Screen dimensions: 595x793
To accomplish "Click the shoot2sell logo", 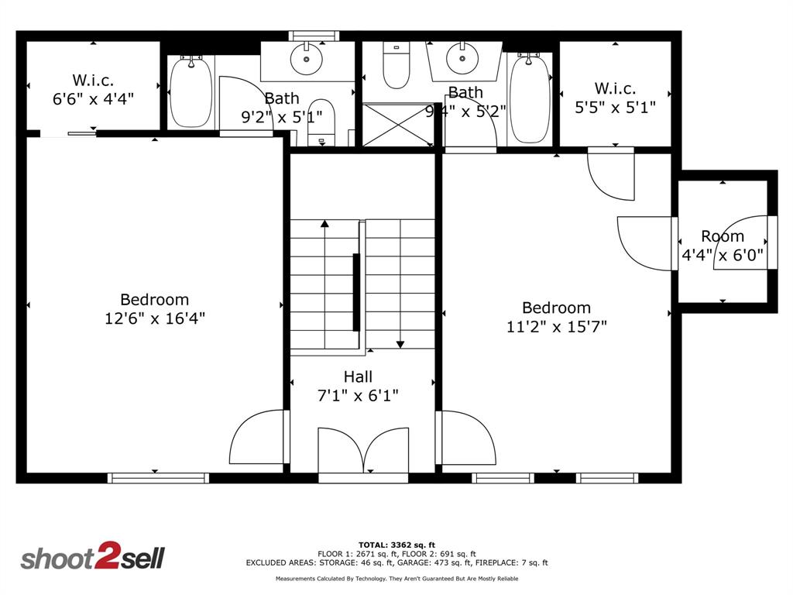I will click(92, 558).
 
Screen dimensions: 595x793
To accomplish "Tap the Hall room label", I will click(358, 377).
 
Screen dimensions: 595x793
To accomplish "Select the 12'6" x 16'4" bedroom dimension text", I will click(155, 318).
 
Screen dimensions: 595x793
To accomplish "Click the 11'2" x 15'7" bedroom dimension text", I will click(556, 326).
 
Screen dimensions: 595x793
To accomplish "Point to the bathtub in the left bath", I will click(190, 93).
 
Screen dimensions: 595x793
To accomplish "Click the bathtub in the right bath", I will click(530, 98).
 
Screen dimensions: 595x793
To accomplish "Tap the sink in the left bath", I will click(306, 59).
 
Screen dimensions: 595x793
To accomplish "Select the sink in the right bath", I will click(462, 58).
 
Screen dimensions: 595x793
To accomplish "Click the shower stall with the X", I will click(398, 125).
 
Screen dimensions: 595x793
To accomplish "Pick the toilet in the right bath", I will click(396, 66).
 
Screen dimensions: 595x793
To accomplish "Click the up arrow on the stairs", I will click(324, 225).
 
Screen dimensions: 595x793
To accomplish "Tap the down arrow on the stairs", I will click(400, 342).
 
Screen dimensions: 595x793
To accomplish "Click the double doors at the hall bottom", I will click(363, 451).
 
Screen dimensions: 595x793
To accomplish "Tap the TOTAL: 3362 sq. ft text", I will click(396, 545).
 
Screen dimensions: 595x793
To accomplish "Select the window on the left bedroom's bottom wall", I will click(158, 478).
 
